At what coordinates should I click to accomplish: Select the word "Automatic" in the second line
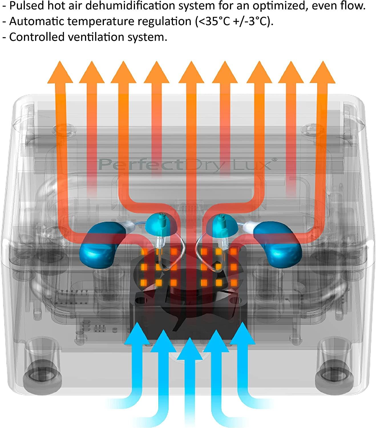(x=37, y=21)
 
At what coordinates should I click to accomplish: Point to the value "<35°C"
(x=213, y=21)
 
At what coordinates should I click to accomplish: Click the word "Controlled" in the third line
(x=37, y=37)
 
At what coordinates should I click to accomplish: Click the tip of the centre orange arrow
(x=191, y=61)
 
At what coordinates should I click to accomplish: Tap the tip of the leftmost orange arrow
(x=60, y=61)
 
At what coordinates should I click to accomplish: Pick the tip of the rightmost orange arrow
(x=323, y=61)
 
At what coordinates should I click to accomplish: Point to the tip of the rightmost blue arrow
(x=242, y=322)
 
